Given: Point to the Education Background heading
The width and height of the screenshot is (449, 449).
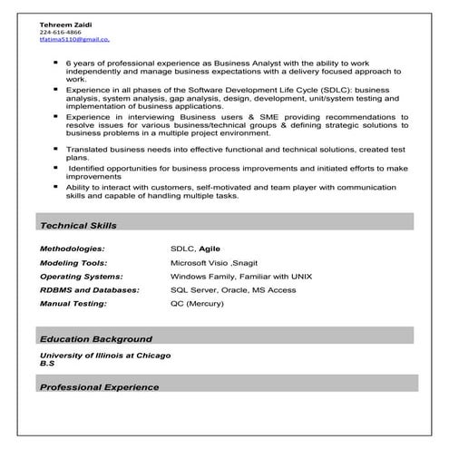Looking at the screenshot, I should click(x=95, y=338).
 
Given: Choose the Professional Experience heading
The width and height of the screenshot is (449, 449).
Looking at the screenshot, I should click(x=100, y=387).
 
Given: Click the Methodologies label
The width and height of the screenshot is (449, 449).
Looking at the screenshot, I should click(x=73, y=248).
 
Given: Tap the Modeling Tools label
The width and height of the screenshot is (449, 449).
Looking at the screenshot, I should click(x=73, y=262).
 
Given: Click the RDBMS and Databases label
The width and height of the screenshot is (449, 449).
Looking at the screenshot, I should click(x=90, y=289).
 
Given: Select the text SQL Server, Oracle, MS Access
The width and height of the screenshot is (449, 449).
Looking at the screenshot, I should click(x=233, y=289).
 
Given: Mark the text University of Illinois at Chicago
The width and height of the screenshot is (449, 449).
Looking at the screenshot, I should click(x=105, y=355).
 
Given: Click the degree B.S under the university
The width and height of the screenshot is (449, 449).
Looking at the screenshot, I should click(x=47, y=363).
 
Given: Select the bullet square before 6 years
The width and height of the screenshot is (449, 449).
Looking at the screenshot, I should click(x=57, y=63).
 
